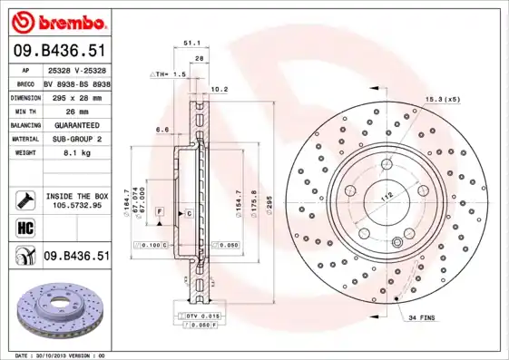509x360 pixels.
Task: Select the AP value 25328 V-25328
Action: click(x=77, y=69)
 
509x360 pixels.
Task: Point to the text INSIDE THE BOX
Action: click(x=78, y=195)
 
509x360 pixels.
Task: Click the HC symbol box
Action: click(x=25, y=227)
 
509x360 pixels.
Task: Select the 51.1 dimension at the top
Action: click(x=191, y=41)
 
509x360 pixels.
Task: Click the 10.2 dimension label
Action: click(x=219, y=89)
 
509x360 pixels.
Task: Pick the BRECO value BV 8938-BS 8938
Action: click(x=77, y=83)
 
